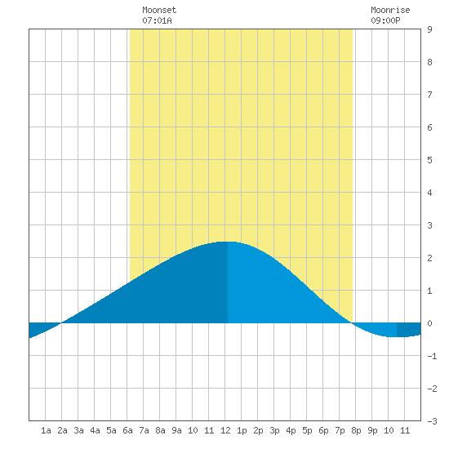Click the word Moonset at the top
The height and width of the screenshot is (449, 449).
[159, 10]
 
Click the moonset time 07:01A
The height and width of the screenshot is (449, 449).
[157, 20]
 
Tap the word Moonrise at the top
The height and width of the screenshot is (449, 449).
[390, 10]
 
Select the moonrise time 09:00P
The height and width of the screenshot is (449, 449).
[385, 20]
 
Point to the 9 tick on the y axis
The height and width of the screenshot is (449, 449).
[429, 29]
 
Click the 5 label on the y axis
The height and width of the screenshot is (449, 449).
[429, 160]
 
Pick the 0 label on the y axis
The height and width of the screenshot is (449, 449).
[429, 323]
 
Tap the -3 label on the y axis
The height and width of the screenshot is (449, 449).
[432, 421]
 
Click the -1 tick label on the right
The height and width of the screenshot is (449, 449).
[432, 356]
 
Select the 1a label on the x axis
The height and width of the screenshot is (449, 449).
[46, 430]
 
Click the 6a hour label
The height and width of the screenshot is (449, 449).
[127, 430]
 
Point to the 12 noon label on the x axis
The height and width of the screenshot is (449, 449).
[225, 430]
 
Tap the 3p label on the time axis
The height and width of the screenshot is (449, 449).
[274, 430]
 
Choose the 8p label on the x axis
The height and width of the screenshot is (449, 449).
[356, 430]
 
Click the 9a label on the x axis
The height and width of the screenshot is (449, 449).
[176, 430]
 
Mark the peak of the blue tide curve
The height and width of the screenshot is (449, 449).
[228, 242]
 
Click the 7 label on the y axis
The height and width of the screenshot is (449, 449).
[429, 95]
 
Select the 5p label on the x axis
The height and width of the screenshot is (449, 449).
[307, 430]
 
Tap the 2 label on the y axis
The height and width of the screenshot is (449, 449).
[429, 258]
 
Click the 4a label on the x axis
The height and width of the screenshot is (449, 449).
[95, 430]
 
